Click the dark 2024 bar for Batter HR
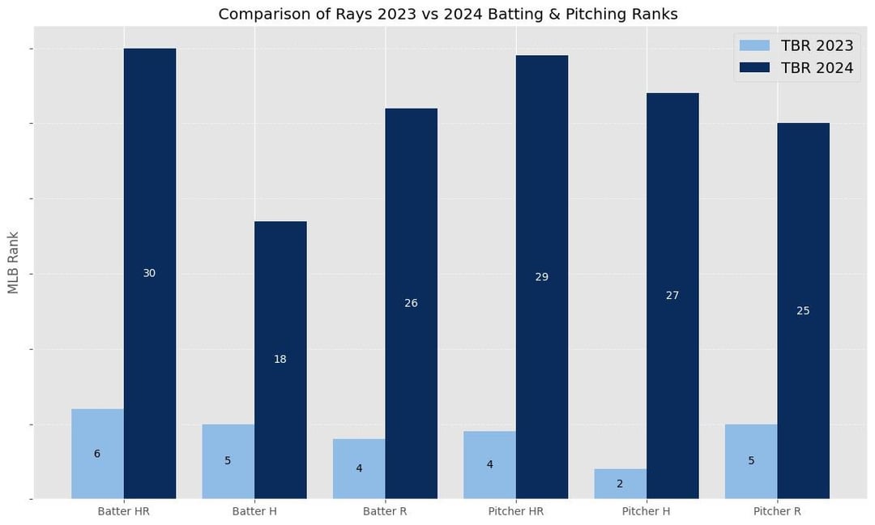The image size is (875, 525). point(150,273)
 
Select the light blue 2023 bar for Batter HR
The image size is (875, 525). point(98,454)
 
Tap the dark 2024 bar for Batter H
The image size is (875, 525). point(280,360)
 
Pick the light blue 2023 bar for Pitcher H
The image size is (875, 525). point(621,484)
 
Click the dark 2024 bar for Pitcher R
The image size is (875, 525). point(804,311)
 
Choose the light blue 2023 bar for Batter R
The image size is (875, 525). point(360,468)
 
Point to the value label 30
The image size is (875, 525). point(150,273)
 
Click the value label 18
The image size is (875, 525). point(280,359)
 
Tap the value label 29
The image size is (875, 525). point(542,277)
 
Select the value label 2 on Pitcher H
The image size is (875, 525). point(620,484)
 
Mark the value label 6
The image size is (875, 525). point(97,454)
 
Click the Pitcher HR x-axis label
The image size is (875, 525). point(515,511)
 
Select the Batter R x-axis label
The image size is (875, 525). point(385,511)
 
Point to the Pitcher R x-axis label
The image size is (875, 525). point(777,511)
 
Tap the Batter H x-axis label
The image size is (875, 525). point(254,511)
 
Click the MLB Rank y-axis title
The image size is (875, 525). point(14,262)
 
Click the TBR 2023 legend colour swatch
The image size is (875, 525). point(754,45)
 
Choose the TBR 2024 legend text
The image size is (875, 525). point(817,68)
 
